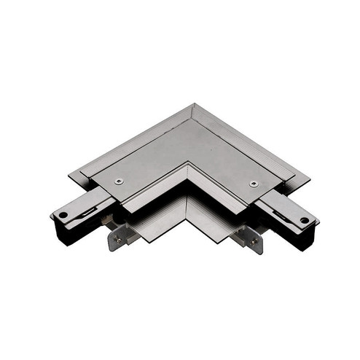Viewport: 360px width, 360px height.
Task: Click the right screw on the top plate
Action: (x=253, y=183)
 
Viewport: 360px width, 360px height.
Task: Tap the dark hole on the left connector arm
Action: (x=64, y=215)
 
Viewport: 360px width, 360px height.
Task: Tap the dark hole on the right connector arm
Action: (x=302, y=217)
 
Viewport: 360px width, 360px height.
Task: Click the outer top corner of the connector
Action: (x=192, y=104)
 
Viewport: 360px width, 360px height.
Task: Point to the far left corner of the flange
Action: (x=70, y=176)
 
